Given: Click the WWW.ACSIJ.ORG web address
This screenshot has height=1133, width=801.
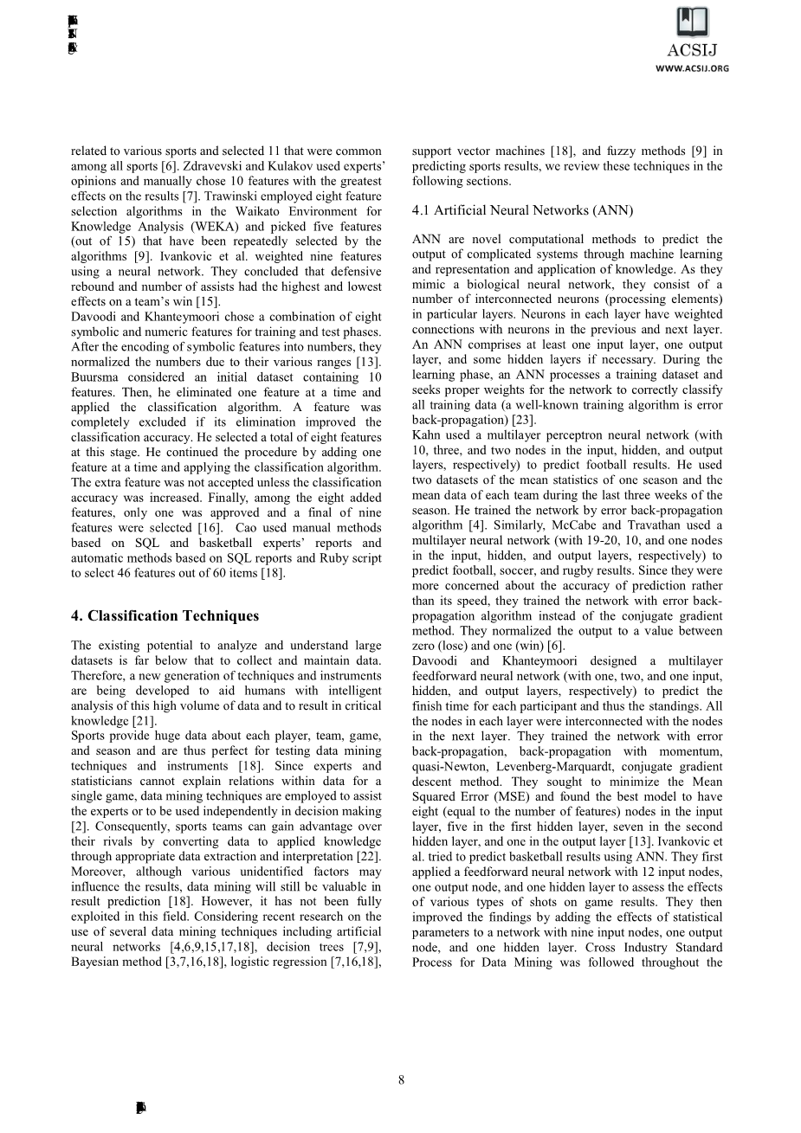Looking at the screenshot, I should click(x=692, y=68).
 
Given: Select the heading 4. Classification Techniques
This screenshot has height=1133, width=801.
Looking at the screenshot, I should click(x=165, y=616).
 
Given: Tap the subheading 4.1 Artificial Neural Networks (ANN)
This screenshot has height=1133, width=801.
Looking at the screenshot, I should click(x=522, y=210).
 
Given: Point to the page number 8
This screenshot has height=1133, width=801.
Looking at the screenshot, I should click(x=401, y=1079).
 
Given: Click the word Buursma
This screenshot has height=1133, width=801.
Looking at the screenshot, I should click(x=97, y=377).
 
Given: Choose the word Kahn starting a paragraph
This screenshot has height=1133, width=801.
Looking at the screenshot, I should click(x=427, y=435).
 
